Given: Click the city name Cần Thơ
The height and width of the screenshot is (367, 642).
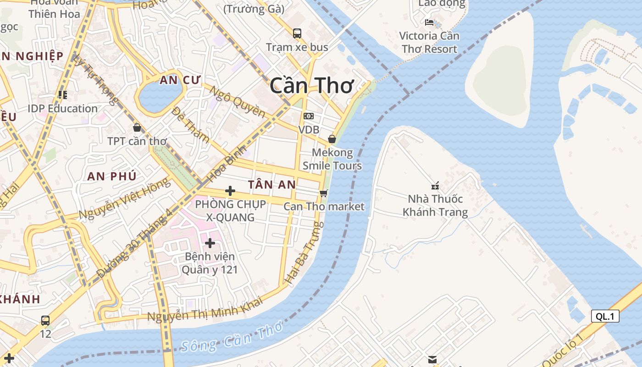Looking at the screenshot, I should point(312,86).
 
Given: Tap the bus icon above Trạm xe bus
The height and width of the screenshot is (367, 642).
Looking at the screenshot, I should point(297,33).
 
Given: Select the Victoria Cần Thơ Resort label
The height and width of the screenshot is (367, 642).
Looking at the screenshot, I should point(429,42).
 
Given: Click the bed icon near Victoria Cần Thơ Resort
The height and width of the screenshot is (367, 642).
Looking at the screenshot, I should point(429,22).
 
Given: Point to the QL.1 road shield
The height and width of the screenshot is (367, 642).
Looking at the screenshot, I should point(605,316).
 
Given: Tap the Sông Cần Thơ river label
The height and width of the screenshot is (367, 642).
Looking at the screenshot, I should point(232,337).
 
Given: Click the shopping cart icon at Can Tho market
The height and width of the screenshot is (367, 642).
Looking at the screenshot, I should point(324,193).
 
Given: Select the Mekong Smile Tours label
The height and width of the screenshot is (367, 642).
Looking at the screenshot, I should point(332,159).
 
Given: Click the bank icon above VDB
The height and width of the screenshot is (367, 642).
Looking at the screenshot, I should point(309,116).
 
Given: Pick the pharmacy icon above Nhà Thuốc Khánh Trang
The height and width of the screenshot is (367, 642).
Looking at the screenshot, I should point(435,186).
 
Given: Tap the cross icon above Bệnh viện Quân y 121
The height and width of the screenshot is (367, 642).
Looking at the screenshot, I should point(210,243).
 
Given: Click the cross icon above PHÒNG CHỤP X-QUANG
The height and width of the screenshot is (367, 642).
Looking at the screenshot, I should point(230,191).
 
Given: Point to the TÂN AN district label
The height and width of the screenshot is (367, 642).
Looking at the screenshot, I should point(272,184).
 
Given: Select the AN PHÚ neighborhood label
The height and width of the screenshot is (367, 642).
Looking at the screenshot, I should point(112,176).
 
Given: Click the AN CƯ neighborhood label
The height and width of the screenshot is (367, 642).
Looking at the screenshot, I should point(180,80).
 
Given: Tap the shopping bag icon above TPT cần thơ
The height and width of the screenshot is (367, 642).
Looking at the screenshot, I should point(137,128).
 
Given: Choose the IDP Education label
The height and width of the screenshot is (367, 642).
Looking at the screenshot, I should point(63,109).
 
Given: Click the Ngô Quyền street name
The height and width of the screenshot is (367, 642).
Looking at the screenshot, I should point(237,101).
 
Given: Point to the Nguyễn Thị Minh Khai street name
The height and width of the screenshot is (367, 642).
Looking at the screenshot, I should point(205,310).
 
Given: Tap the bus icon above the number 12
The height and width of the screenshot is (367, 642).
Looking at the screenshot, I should point(45,320).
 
